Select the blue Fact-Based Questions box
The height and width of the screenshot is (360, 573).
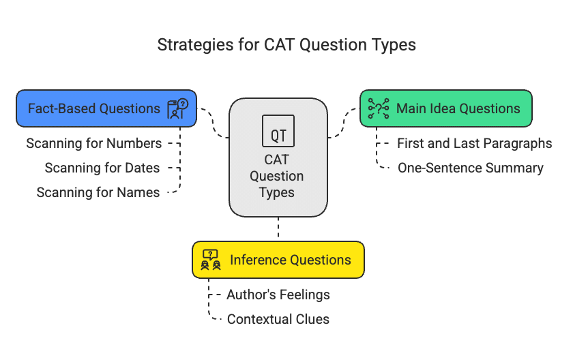[106, 108]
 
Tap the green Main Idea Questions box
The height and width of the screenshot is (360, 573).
[446, 108]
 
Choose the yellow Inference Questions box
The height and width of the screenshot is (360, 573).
[278, 260]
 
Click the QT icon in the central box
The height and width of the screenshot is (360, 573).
[278, 131]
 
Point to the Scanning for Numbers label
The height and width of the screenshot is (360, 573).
[94, 143]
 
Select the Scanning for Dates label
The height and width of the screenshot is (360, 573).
[102, 168]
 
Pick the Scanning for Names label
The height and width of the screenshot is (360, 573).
[98, 192]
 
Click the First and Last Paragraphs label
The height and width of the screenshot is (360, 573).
[474, 143]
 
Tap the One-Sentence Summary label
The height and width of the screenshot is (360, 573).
[471, 168]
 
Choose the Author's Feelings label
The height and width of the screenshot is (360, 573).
[278, 295]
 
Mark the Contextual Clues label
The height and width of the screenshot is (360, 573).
[278, 319]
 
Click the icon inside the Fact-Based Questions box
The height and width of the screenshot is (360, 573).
[177, 108]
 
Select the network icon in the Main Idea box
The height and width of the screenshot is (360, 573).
[378, 108]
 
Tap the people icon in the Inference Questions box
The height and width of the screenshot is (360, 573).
[211, 260]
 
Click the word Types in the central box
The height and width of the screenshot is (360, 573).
[277, 192]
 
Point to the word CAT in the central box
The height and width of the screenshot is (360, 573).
[277, 160]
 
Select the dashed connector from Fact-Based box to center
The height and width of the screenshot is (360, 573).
[213, 123]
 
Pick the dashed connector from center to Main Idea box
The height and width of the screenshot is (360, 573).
[344, 123]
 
